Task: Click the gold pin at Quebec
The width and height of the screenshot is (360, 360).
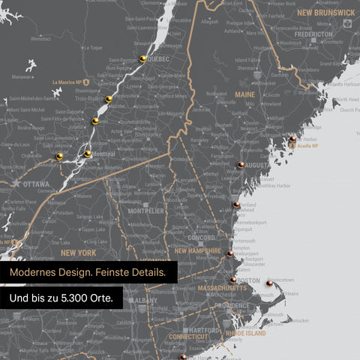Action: (x=142, y=58)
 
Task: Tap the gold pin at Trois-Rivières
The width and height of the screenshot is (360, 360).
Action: (x=109, y=99)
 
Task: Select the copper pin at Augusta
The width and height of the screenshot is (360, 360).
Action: (x=241, y=164)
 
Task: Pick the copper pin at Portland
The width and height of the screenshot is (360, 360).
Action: (x=235, y=203)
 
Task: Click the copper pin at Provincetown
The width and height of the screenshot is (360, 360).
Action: (x=269, y=283)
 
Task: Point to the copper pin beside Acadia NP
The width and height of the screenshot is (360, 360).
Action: (x=292, y=139)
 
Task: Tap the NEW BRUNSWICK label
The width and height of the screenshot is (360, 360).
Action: (x=325, y=13)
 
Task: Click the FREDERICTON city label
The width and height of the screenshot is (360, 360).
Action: (x=313, y=34)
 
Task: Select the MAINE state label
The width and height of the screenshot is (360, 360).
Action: (x=244, y=94)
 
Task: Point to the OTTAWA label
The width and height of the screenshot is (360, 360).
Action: (x=35, y=184)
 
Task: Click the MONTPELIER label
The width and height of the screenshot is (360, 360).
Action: (x=145, y=211)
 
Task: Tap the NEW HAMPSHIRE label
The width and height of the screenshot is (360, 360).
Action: (x=198, y=251)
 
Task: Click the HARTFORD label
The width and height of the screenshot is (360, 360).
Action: (x=205, y=331)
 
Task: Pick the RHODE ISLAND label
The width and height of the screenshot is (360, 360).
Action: (x=245, y=333)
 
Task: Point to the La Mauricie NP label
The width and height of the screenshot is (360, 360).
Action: (x=68, y=82)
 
